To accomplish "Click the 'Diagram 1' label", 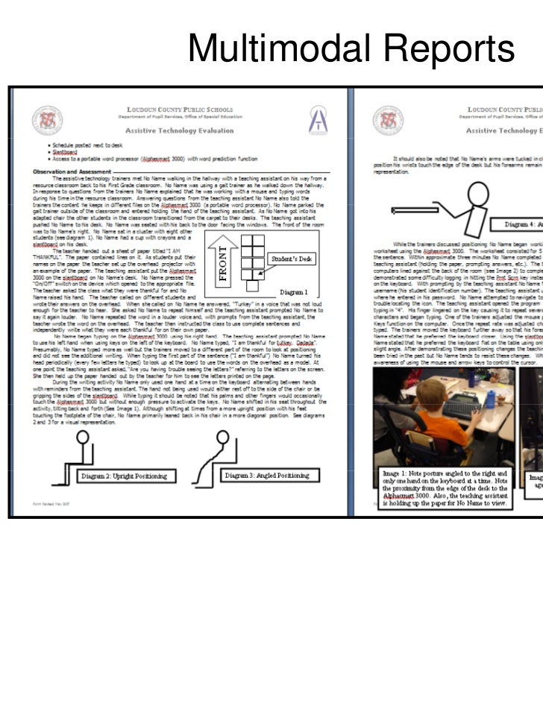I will (x=296, y=293).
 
